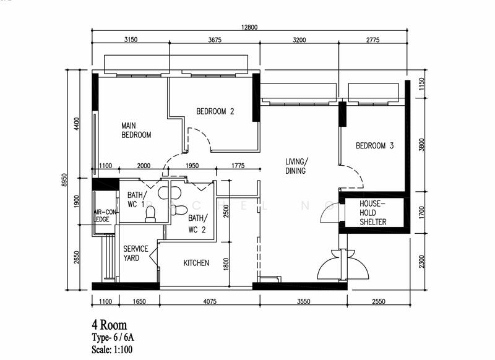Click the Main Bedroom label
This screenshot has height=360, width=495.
136,131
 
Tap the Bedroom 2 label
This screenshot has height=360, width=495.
215,111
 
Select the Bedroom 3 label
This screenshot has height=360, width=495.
375,146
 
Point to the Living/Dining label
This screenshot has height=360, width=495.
296,166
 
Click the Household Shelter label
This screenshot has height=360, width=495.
373,213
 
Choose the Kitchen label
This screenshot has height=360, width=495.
196,263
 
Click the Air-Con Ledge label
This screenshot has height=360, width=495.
105,216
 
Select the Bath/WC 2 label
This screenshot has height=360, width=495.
197,224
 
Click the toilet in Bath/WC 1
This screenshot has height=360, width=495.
151,214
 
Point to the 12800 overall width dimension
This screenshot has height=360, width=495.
249,27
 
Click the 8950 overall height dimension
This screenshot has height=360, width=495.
64,179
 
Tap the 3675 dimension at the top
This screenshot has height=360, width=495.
215,40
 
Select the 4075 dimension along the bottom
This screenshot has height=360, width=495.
210,301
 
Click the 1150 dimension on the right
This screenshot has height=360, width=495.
422,84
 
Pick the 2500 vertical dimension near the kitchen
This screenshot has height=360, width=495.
226,212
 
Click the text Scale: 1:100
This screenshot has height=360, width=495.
112,349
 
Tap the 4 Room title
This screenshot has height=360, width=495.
110,325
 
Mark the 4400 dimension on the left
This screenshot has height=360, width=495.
77,124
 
